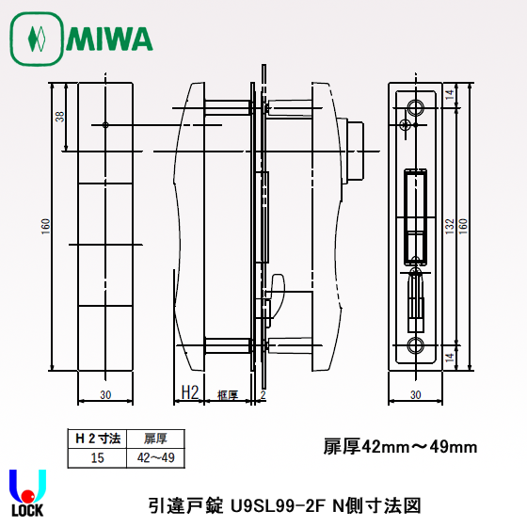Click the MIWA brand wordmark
click(x=109, y=39)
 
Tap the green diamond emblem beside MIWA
click(x=37, y=39)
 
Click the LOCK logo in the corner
click(x=27, y=493)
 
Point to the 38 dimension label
click(x=60, y=117)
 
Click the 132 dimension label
click(x=450, y=226)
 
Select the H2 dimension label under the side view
click(x=190, y=392)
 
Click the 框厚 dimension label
click(x=228, y=395)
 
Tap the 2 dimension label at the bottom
click(x=263, y=394)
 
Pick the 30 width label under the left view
click(x=105, y=394)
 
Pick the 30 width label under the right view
click(x=415, y=394)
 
